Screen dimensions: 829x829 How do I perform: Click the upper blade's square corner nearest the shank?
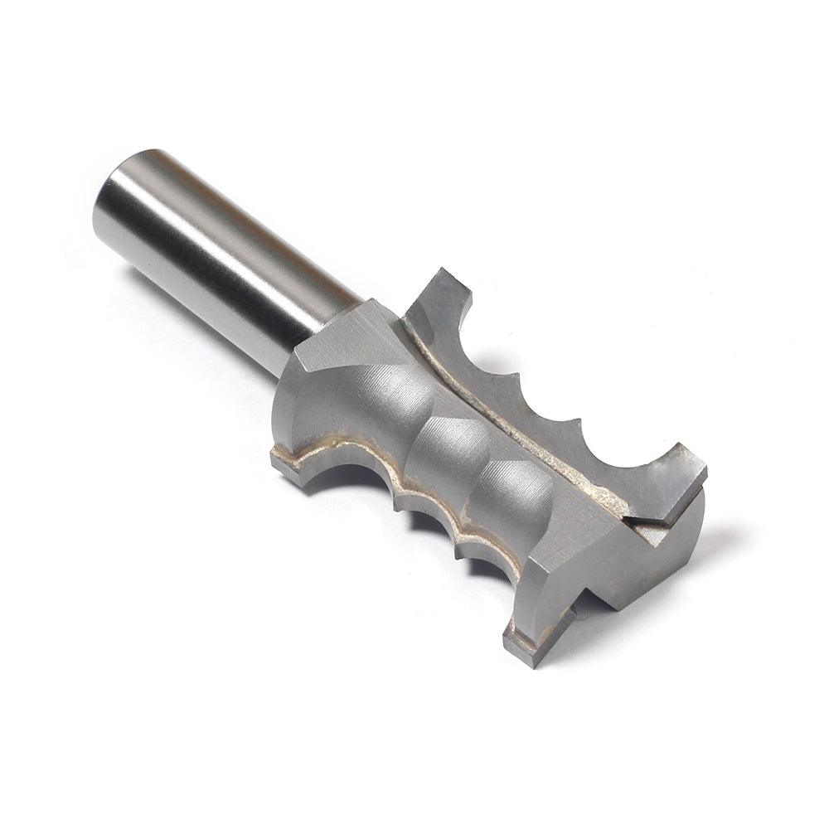click(x=444, y=278)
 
